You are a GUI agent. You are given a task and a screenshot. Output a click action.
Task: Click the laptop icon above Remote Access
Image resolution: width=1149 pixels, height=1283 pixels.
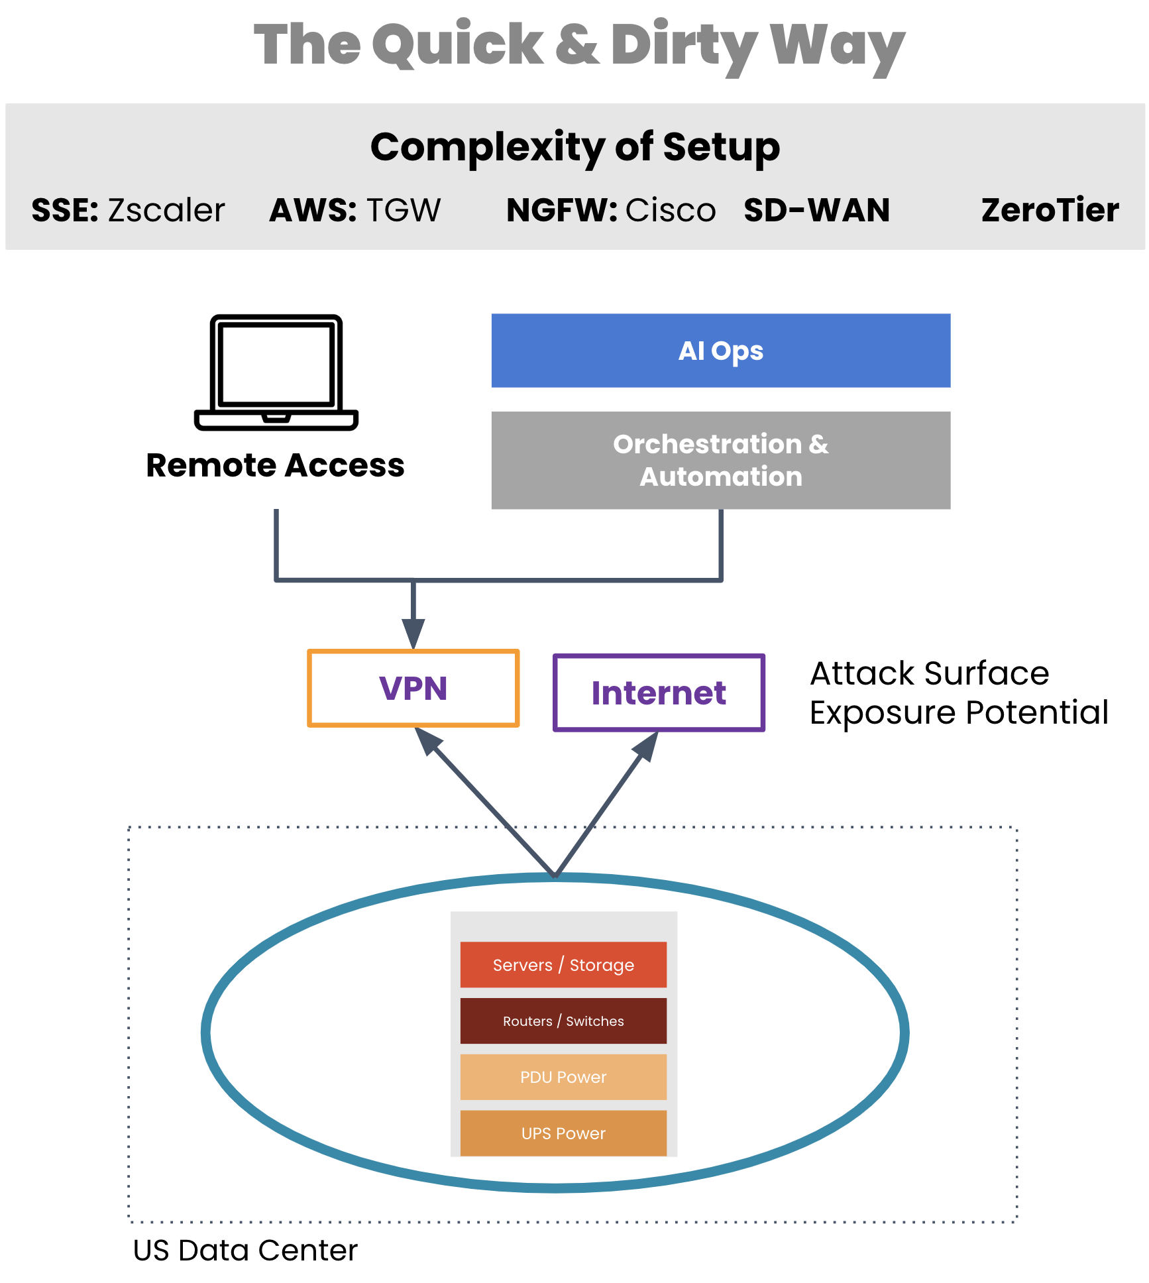pos(276,372)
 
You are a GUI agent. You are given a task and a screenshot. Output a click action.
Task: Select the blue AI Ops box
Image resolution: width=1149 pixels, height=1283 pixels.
pos(720,351)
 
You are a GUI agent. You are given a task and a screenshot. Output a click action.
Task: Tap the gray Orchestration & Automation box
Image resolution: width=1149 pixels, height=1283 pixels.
pos(720,460)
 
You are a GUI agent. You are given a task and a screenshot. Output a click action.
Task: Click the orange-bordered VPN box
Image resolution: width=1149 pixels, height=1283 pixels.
pos(413,689)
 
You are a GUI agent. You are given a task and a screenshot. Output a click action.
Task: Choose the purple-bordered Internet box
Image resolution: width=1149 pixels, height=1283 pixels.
pos(659,693)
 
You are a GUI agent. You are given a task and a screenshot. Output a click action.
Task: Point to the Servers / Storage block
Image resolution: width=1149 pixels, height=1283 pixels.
pos(563,965)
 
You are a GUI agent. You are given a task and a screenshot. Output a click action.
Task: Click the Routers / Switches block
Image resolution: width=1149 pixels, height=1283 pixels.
pos(563,1021)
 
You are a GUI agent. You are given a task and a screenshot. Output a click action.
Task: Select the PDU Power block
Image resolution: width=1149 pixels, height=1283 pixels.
pos(563,1077)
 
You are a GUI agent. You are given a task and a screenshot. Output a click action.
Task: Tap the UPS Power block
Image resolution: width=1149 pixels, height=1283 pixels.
pos(563,1133)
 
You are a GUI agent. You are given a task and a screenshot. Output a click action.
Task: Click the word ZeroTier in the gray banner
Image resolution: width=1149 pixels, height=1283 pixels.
pos(1050,210)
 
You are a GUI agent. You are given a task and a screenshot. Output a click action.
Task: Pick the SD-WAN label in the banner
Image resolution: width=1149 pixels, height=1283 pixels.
pos(816,210)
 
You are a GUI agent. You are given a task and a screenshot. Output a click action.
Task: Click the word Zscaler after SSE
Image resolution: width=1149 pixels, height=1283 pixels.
pos(166,210)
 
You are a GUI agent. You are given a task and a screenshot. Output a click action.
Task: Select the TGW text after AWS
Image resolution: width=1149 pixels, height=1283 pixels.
pos(403,210)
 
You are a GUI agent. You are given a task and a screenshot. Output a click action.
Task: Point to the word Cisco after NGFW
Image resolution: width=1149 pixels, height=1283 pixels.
pos(671,210)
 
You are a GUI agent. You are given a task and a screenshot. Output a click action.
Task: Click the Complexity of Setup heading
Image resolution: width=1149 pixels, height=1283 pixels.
pos(574,146)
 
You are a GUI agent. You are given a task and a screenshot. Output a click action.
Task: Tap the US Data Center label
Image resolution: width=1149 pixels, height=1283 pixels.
pos(245,1251)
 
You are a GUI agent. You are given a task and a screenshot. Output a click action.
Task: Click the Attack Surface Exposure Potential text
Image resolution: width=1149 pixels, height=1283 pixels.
pos(958,693)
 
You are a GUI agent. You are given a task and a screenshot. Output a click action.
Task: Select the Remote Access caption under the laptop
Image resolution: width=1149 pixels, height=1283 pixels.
pos(275,465)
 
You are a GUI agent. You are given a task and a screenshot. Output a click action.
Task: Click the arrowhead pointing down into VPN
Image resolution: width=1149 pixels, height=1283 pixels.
pos(413,633)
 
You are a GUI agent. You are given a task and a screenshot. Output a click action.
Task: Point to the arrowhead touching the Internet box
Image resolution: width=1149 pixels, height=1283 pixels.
pos(646,746)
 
